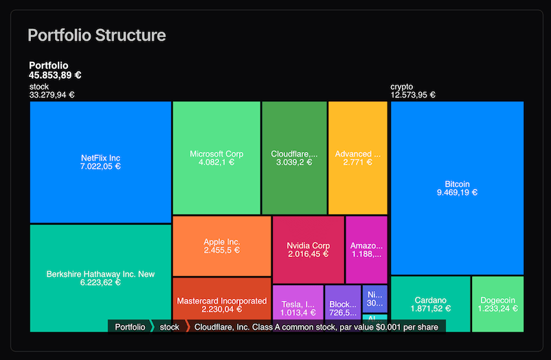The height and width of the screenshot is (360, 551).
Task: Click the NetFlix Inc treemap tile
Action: [x=100, y=161]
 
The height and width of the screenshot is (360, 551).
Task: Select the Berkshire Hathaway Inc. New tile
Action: [x=100, y=278]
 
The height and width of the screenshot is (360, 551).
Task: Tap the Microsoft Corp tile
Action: [x=216, y=158]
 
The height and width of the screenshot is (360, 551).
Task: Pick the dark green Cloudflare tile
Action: [x=294, y=158]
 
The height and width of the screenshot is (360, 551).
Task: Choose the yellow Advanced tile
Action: [x=357, y=158]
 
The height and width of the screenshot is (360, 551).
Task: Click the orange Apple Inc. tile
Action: [x=221, y=246]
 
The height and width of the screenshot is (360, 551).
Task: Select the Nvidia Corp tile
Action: [x=308, y=249]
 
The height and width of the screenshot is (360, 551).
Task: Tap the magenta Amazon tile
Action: [x=366, y=249]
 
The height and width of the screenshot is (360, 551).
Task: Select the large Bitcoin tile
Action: [x=457, y=188]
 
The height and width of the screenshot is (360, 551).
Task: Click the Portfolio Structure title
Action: [x=96, y=34]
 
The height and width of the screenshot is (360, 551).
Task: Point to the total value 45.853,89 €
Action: [x=56, y=76]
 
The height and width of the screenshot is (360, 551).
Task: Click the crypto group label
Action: [x=402, y=87]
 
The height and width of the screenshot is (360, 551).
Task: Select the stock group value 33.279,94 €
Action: [x=52, y=95]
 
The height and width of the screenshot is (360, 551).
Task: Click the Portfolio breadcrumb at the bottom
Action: [x=130, y=327]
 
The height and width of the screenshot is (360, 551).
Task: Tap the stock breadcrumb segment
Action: [x=169, y=327]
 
